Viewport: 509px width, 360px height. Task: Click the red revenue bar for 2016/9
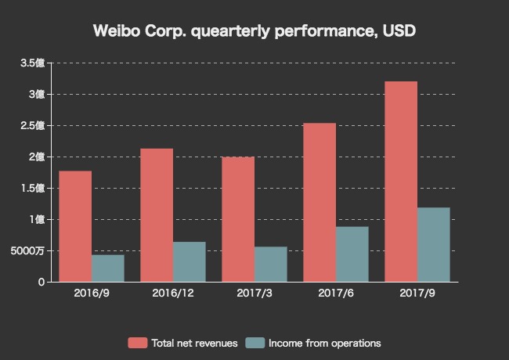click(x=75, y=226)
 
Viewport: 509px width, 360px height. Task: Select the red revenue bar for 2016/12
click(x=157, y=215)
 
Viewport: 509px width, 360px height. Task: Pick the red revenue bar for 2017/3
click(x=238, y=219)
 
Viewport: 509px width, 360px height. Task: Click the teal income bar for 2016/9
click(x=108, y=268)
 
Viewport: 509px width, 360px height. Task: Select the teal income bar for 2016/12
click(x=190, y=262)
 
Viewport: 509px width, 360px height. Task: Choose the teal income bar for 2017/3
click(x=271, y=265)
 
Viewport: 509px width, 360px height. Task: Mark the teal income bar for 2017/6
click(x=352, y=254)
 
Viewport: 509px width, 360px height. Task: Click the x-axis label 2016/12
click(x=173, y=294)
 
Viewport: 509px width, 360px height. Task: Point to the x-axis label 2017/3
click(x=254, y=294)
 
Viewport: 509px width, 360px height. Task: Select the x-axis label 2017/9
click(x=417, y=294)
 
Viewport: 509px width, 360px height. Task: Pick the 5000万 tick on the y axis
click(x=27, y=250)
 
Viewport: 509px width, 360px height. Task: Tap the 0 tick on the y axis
click(x=41, y=282)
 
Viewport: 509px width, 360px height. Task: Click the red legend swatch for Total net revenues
click(x=137, y=343)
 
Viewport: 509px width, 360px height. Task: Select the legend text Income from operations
click(x=324, y=343)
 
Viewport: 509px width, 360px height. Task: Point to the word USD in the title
click(x=399, y=31)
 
